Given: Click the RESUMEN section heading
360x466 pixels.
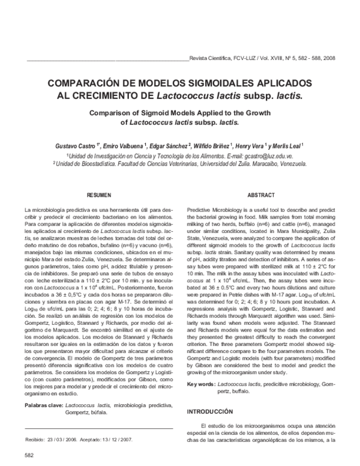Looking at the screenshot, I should pos(99,196).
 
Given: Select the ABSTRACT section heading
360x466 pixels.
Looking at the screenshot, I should pos(261,196).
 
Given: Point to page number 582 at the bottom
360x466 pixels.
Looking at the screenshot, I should pos(29,456).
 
